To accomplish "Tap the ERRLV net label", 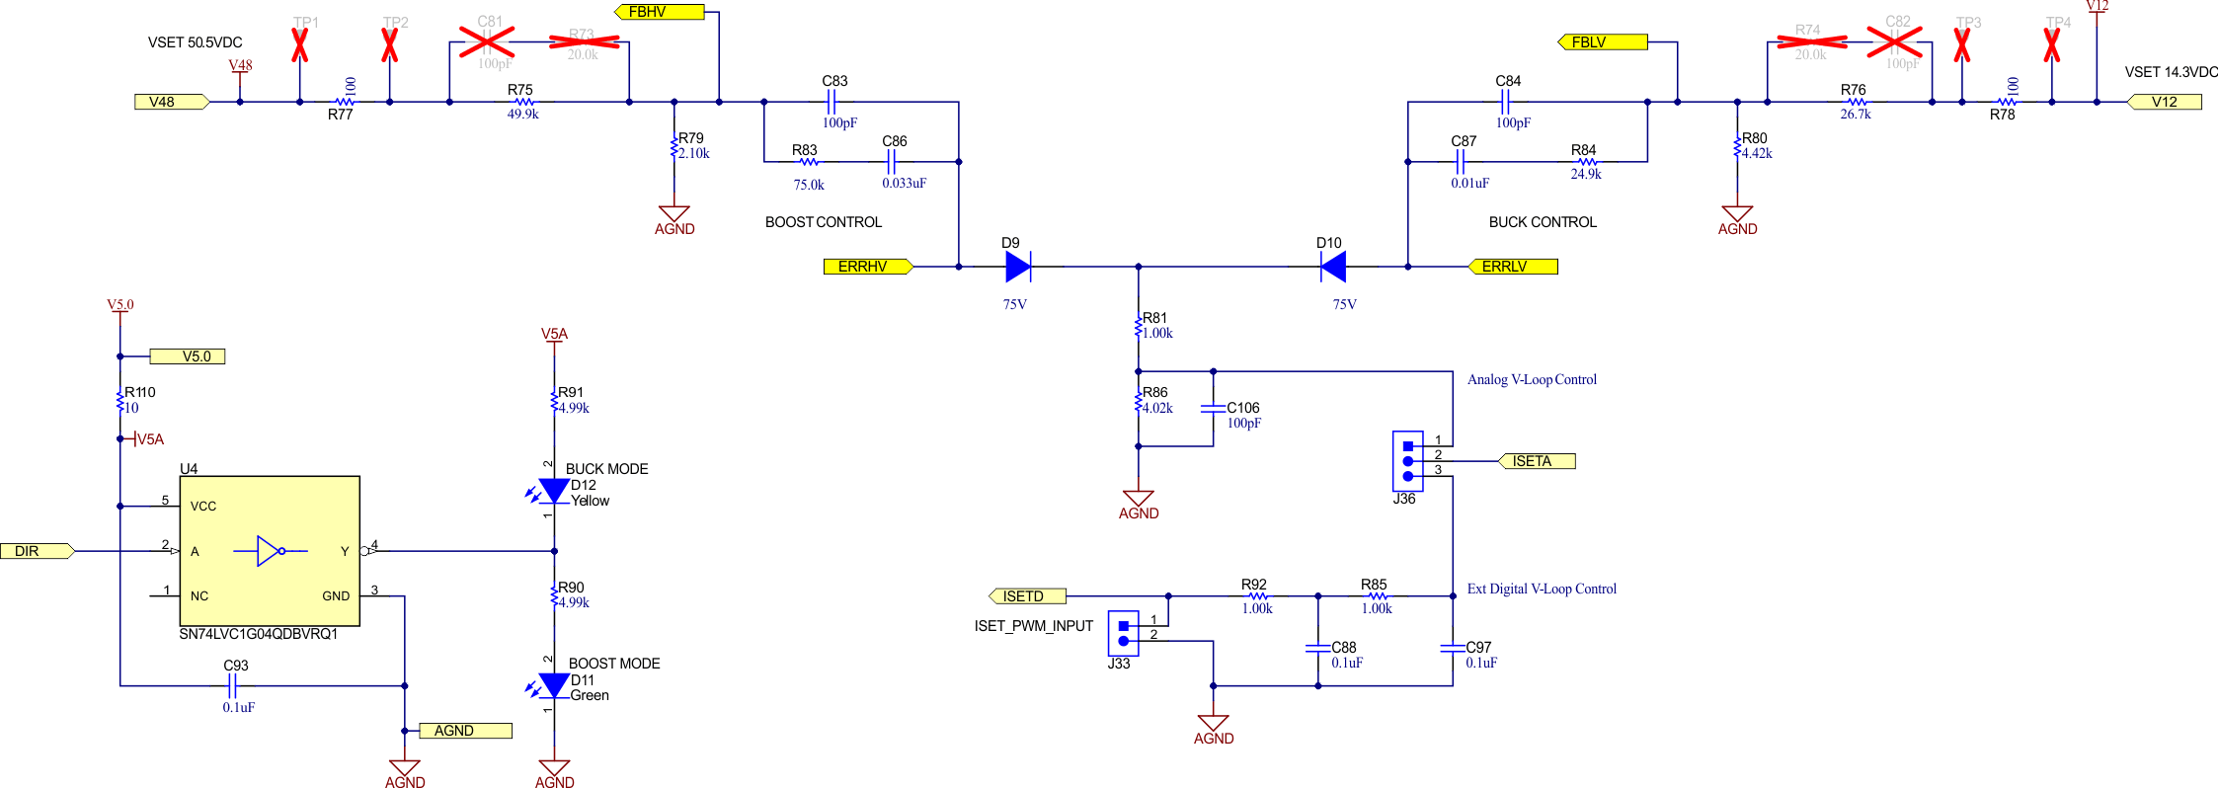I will tap(1512, 267).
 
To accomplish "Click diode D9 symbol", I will tap(1018, 267).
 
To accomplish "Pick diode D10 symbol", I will tap(1333, 267).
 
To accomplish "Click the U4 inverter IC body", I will tap(269, 551).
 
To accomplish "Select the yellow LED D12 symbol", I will tap(554, 490).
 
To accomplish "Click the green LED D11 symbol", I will tap(554, 685).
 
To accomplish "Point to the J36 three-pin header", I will tap(1407, 461).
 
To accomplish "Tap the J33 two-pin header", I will tap(1123, 633).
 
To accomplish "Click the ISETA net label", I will tap(1537, 461).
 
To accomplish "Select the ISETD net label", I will tap(1028, 596).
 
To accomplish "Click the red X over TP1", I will tap(300, 44).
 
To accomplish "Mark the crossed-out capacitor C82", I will tap(1894, 41).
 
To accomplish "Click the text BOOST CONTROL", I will tap(823, 222).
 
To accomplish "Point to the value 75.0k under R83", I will tap(808, 185).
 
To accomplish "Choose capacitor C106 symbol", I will tap(1213, 409).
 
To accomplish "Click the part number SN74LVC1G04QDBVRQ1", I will tap(258, 634).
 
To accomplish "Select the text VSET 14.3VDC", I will tap(2171, 72).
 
